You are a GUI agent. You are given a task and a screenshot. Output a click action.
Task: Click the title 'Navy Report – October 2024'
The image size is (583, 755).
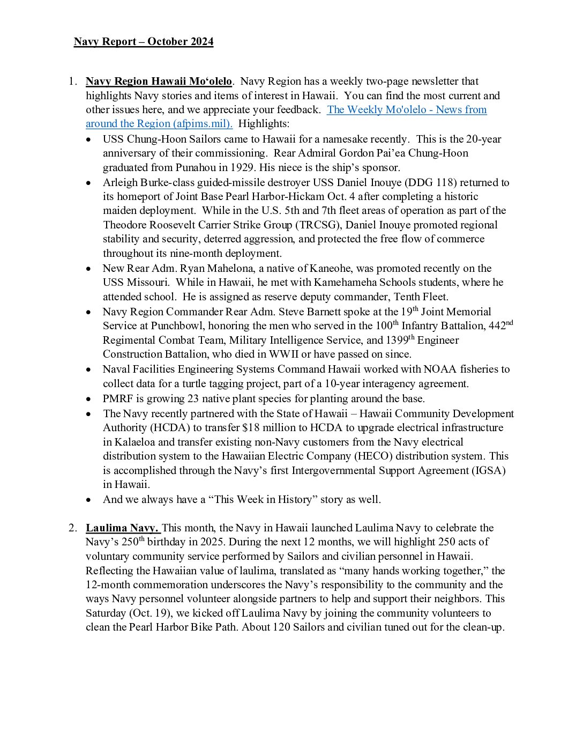[x=144, y=42]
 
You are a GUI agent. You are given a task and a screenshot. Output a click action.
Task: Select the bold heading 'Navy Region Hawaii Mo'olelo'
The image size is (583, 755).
[x=159, y=82]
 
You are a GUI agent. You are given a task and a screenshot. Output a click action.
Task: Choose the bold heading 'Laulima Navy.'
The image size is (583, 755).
[x=122, y=528]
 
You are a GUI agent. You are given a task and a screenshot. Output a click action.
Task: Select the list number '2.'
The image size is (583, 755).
[x=73, y=528]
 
